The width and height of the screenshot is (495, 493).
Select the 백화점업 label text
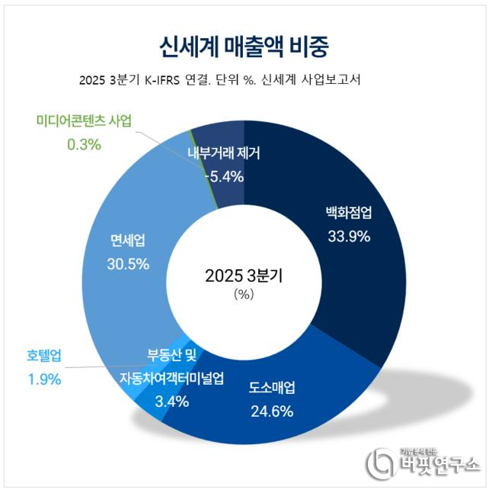point(349,213)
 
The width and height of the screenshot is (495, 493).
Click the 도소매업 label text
point(272,389)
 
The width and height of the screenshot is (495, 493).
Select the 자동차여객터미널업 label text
point(171,379)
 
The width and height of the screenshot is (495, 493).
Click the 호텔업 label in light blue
point(43,354)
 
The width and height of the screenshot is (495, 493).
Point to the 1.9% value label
point(43,379)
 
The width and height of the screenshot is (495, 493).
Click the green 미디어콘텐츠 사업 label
point(84,121)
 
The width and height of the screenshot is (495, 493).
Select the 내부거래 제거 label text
point(224,154)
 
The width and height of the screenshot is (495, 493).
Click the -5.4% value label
point(224,177)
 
